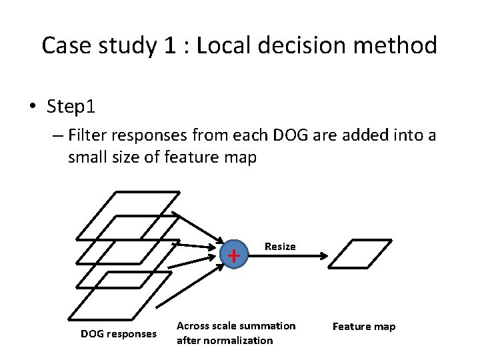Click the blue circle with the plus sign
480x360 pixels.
coord(233,255)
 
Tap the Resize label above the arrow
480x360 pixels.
coord(280,247)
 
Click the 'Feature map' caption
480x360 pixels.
coord(364,327)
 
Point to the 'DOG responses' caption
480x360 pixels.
coord(119,333)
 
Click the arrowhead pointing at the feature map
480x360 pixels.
coord(324,255)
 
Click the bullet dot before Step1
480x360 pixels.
coord(32,107)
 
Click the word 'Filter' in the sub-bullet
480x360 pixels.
coord(89,136)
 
